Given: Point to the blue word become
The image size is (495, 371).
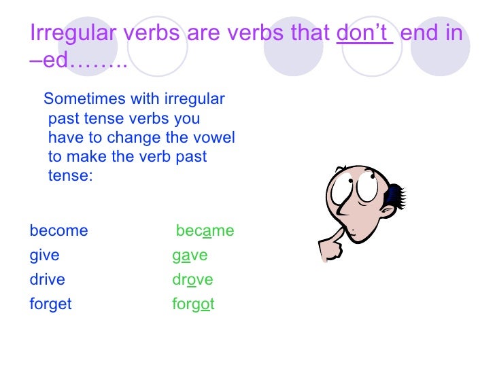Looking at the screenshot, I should pyautogui.click(x=59, y=230).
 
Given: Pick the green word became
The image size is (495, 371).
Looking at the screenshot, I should pyautogui.click(x=205, y=230).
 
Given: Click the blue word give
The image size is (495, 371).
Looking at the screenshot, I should pyautogui.click(x=45, y=255).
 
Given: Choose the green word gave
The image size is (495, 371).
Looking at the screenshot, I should pyautogui.click(x=190, y=255).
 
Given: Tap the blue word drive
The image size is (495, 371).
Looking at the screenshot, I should pyautogui.click(x=48, y=279).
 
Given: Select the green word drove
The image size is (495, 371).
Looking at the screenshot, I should pyautogui.click(x=192, y=279).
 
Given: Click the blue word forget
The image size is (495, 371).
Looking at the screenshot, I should pyautogui.click(x=50, y=304).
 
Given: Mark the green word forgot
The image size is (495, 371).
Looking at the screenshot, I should pyautogui.click(x=193, y=304).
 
